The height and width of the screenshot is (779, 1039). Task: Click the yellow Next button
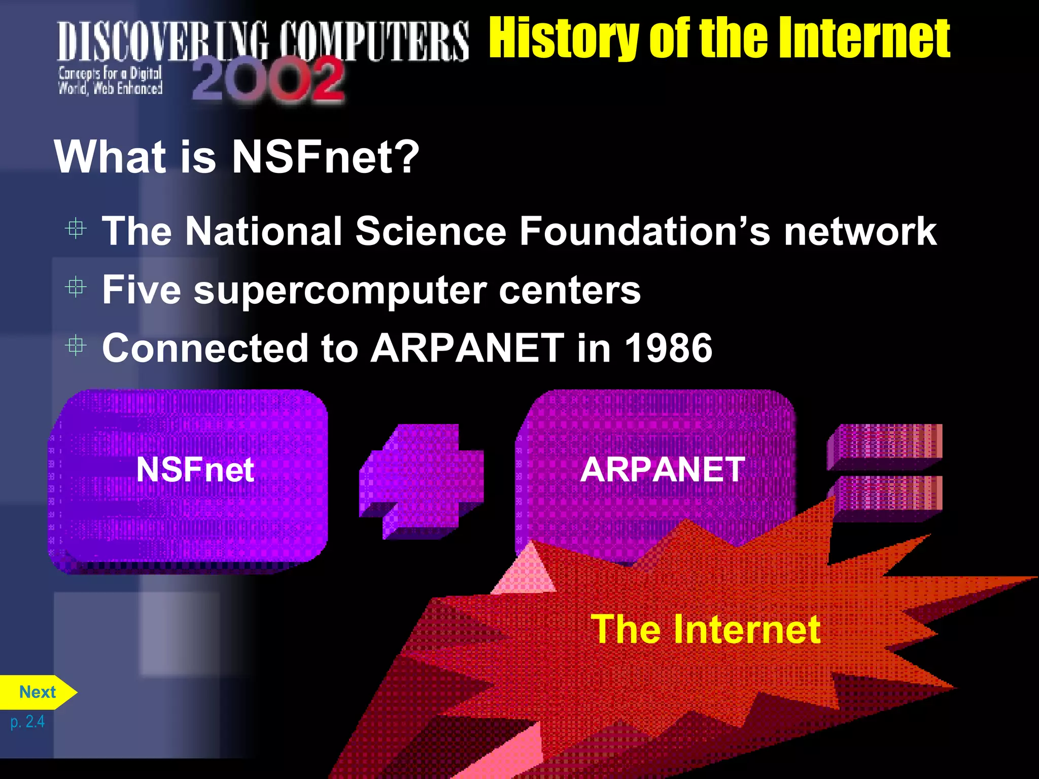point(37,692)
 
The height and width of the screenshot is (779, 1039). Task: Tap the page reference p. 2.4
point(27,722)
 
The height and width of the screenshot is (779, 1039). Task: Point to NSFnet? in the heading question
point(325,157)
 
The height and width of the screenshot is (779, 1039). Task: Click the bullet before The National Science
point(76,229)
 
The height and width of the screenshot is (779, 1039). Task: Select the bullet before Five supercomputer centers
point(76,288)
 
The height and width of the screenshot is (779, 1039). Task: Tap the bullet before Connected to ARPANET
point(76,346)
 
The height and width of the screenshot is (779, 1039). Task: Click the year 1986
point(668,348)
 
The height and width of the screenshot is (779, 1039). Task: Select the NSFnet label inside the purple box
point(195,470)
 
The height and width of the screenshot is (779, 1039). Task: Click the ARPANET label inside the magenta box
point(662,470)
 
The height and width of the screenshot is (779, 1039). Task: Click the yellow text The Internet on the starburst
point(705,629)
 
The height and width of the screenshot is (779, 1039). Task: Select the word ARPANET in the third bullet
point(467,348)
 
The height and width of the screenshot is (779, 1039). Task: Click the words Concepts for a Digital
point(110,74)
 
